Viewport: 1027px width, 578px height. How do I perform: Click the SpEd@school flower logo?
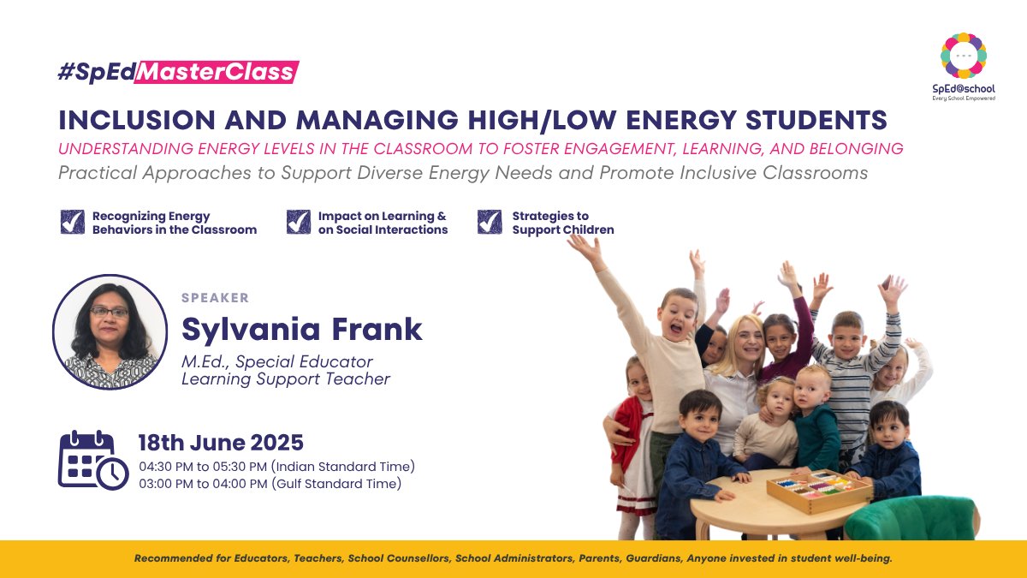click(963, 56)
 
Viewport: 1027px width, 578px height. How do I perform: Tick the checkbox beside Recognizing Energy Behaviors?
click(72, 223)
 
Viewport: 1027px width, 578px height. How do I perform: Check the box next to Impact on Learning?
click(298, 223)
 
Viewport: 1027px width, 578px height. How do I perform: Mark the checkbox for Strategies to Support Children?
click(490, 223)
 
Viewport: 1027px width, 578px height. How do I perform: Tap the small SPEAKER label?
click(215, 298)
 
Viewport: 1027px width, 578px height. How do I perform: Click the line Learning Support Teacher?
click(286, 379)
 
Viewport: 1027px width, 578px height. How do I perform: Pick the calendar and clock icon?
click(92, 460)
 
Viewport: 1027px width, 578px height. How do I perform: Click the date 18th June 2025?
click(221, 443)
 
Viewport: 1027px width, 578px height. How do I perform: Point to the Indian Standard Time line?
click(276, 467)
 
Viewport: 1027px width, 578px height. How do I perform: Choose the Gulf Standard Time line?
click(270, 484)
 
